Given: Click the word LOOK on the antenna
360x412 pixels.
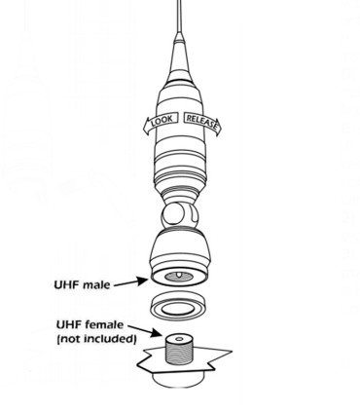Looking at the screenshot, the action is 164,121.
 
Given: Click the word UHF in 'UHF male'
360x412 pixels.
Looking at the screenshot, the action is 68,286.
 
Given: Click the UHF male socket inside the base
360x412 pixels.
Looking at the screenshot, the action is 182,278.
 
